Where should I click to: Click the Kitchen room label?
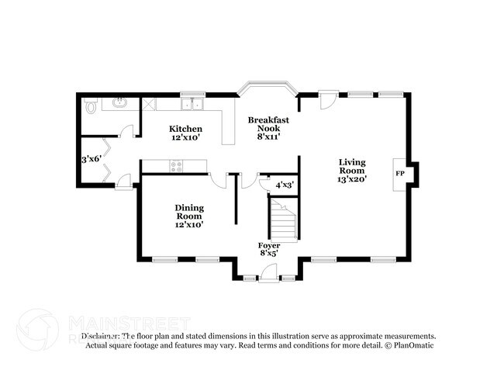(x=186, y=128)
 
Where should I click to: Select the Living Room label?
(x=352, y=166)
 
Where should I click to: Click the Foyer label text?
(x=269, y=245)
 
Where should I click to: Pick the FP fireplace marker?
(x=400, y=174)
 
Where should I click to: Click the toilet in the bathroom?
(x=90, y=106)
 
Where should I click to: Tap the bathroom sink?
(x=120, y=102)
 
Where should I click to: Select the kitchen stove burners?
(x=177, y=164)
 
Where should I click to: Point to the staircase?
(x=283, y=219)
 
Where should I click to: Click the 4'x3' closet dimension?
(x=284, y=185)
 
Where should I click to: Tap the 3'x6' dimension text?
(x=92, y=159)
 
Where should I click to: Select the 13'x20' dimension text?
(x=352, y=179)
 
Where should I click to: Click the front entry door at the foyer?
(x=268, y=272)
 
